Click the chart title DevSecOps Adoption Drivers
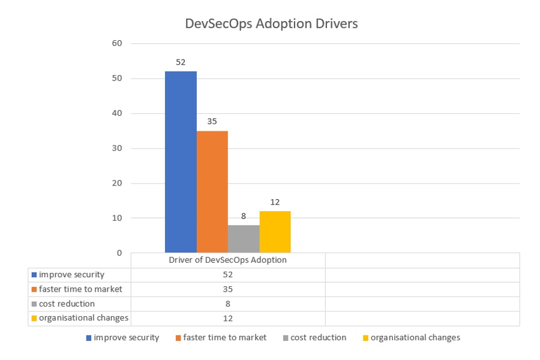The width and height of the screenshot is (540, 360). tap(272, 24)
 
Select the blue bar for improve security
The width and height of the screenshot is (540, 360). tap(181, 162)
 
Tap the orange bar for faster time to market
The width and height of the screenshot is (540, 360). tap(212, 191)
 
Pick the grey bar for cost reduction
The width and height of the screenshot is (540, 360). tap(244, 239)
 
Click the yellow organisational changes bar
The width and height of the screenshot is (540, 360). tap(275, 232)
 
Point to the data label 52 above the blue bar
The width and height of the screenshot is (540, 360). tap(181, 62)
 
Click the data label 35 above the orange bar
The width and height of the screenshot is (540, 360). tap(212, 121)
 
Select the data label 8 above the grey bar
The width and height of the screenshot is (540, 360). tap(244, 215)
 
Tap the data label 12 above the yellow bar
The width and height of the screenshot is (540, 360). tap(275, 202)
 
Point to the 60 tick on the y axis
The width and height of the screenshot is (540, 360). tap(117, 43)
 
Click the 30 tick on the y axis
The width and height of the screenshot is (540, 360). tap(117, 148)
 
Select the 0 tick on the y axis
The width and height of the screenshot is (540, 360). tap(119, 253)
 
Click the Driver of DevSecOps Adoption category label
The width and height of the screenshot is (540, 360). tap(227, 260)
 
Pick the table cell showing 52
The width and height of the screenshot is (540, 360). tap(227, 275)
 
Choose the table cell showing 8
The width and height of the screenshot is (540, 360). tap(227, 304)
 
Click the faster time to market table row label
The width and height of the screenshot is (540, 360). tap(80, 289)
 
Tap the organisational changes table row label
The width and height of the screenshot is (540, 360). tap(83, 318)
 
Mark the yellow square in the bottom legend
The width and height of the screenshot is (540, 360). tap(365, 338)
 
